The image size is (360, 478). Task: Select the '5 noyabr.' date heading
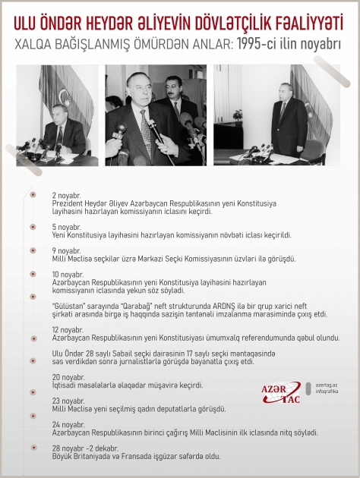(x=66, y=227)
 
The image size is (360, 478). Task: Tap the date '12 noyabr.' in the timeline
(x=67, y=330)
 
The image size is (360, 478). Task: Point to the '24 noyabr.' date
(x=68, y=424)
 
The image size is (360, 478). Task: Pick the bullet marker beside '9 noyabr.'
(x=33, y=250)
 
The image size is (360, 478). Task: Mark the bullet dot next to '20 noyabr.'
(x=33, y=377)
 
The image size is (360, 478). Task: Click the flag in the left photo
(x=75, y=90)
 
